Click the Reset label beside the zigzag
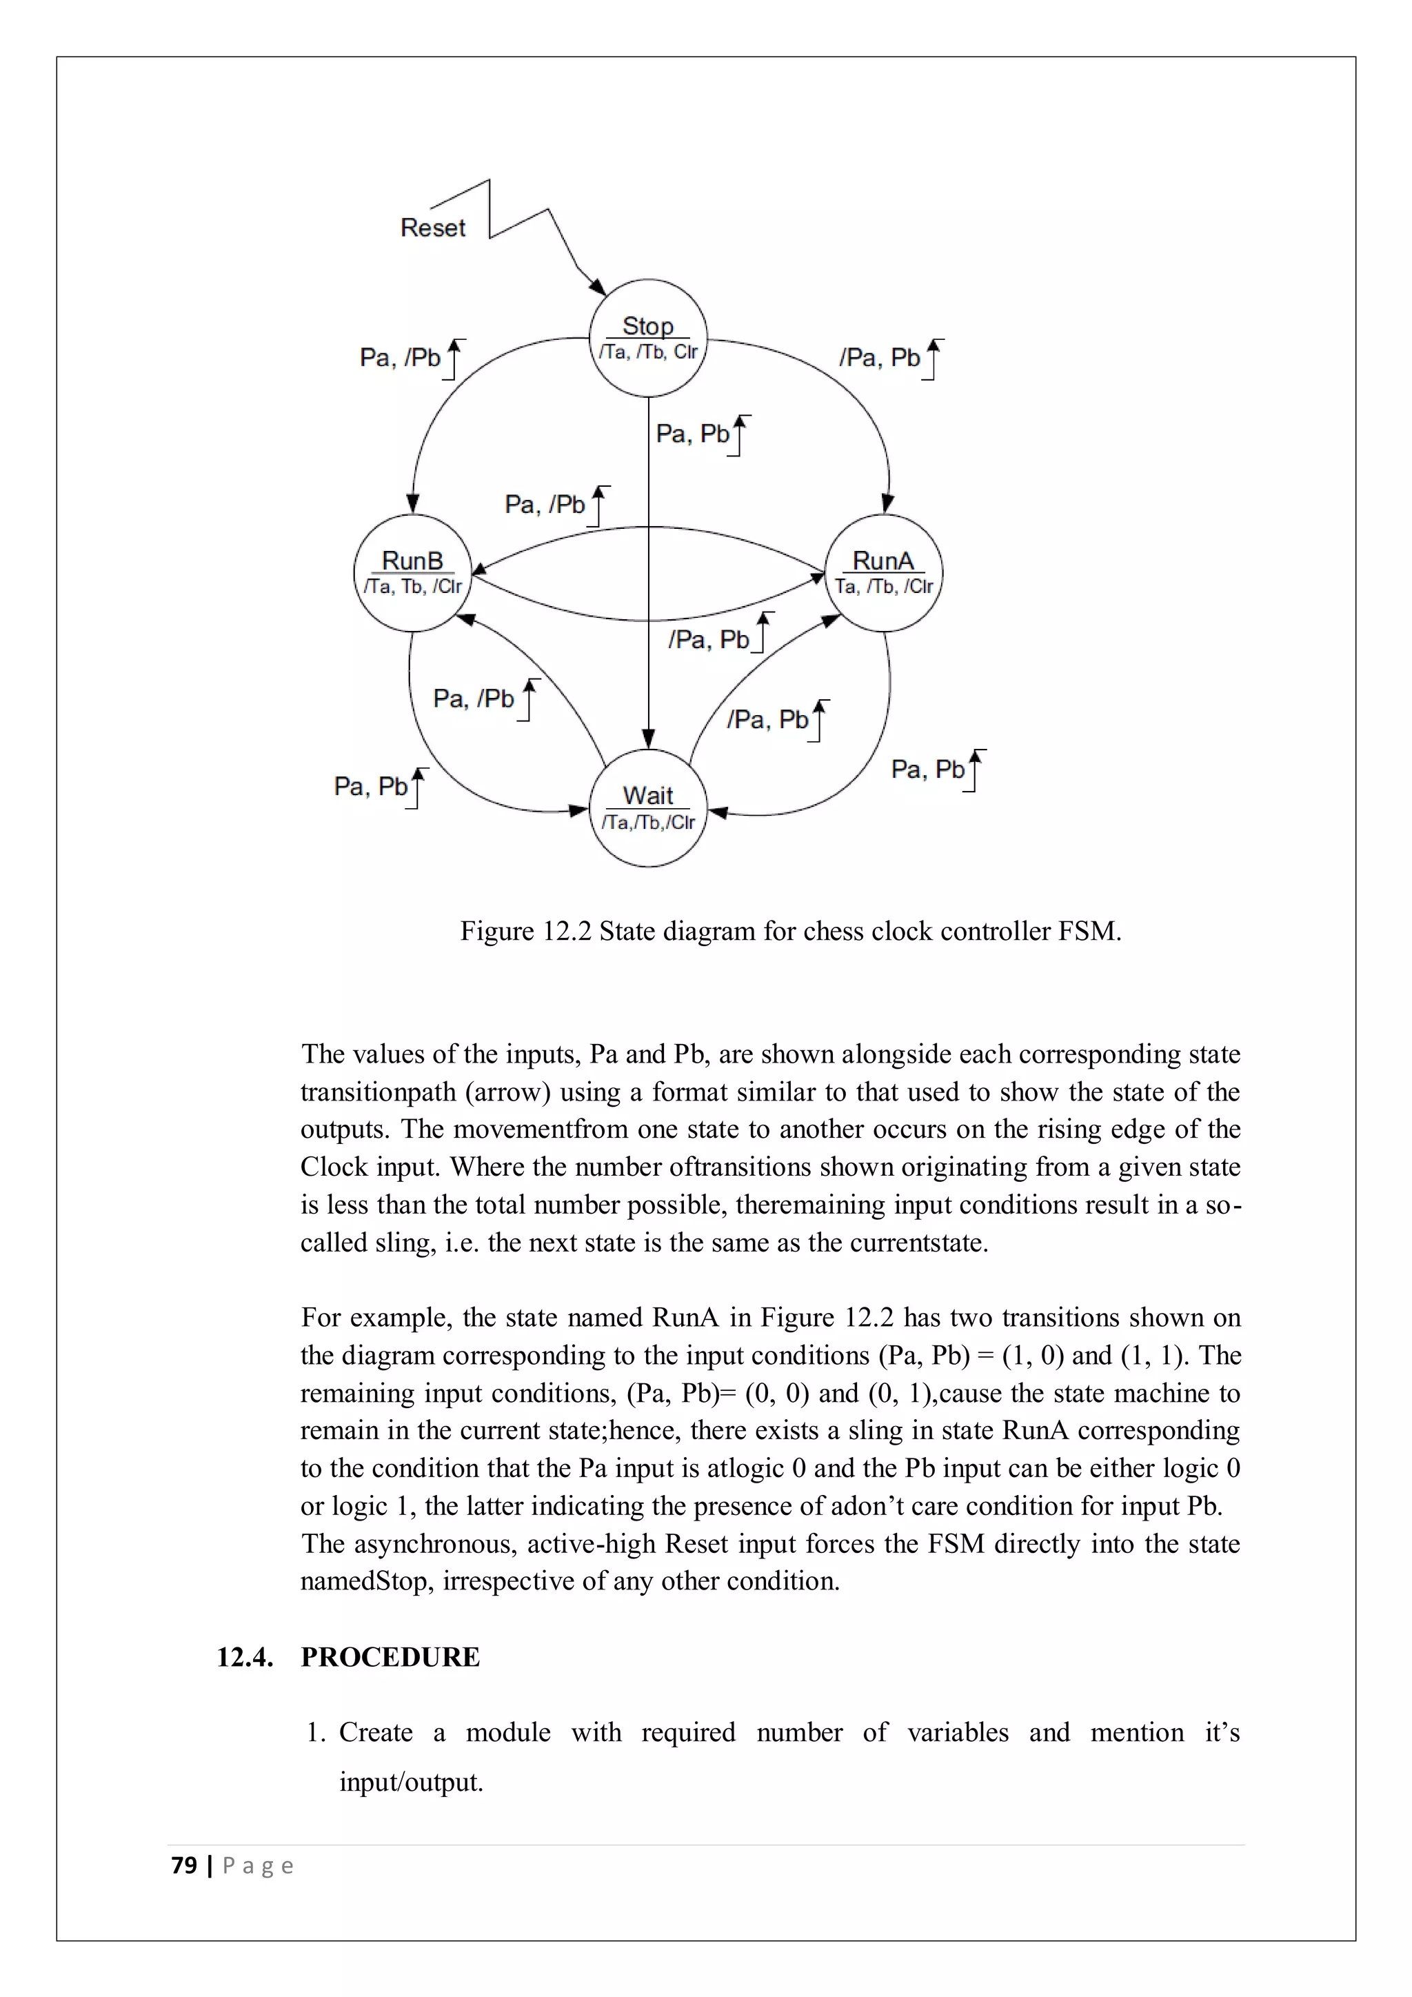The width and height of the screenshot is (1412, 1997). click(432, 228)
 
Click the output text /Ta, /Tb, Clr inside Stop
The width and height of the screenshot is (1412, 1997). click(648, 352)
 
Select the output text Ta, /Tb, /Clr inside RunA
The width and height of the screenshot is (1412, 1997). click(883, 587)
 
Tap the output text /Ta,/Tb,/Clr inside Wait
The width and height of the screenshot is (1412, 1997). click(648, 823)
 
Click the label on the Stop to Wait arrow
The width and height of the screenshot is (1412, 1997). click(693, 433)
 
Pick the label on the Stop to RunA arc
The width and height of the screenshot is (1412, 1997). click(880, 357)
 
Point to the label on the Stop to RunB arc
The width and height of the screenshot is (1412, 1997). click(401, 357)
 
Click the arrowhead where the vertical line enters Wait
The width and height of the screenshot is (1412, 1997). click(648, 739)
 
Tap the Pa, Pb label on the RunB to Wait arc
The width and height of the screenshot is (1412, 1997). click(371, 787)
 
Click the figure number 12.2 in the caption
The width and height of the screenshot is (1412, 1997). click(566, 932)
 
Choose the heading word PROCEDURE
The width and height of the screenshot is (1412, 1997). click(390, 1657)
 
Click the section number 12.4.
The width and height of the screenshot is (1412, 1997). click(244, 1657)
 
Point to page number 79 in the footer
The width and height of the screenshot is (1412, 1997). click(184, 1866)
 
